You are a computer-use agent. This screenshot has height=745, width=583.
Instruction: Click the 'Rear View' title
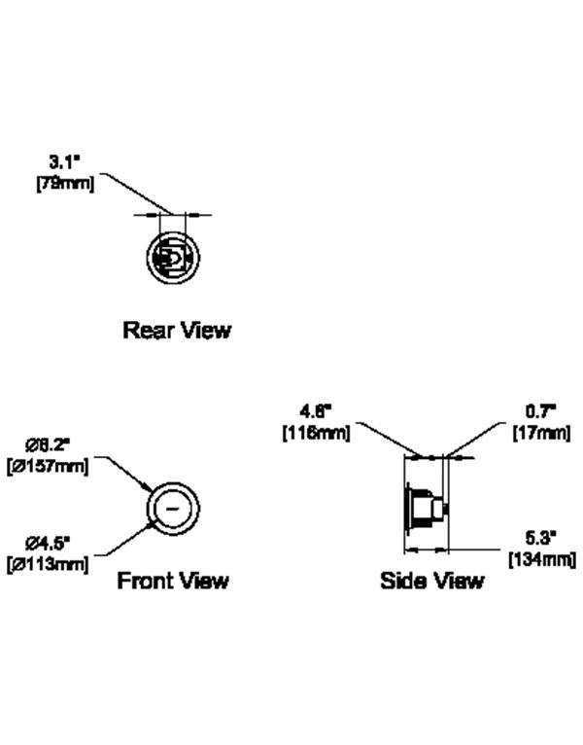(177, 330)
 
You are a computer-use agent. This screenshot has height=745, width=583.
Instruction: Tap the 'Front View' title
(173, 581)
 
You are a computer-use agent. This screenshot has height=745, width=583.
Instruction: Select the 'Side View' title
(431, 581)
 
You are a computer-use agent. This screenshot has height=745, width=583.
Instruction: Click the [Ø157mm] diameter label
(48, 466)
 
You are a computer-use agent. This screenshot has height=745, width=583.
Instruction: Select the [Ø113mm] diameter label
(48, 563)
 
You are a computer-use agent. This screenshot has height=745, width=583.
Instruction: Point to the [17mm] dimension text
(541, 433)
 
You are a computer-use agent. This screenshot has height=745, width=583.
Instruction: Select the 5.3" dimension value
(541, 538)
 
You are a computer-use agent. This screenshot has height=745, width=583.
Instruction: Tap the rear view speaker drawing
(172, 258)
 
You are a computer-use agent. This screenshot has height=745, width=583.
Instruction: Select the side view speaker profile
(425, 507)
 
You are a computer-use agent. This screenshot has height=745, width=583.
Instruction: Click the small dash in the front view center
(172, 508)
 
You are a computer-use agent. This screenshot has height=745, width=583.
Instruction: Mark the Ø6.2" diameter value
(49, 447)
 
